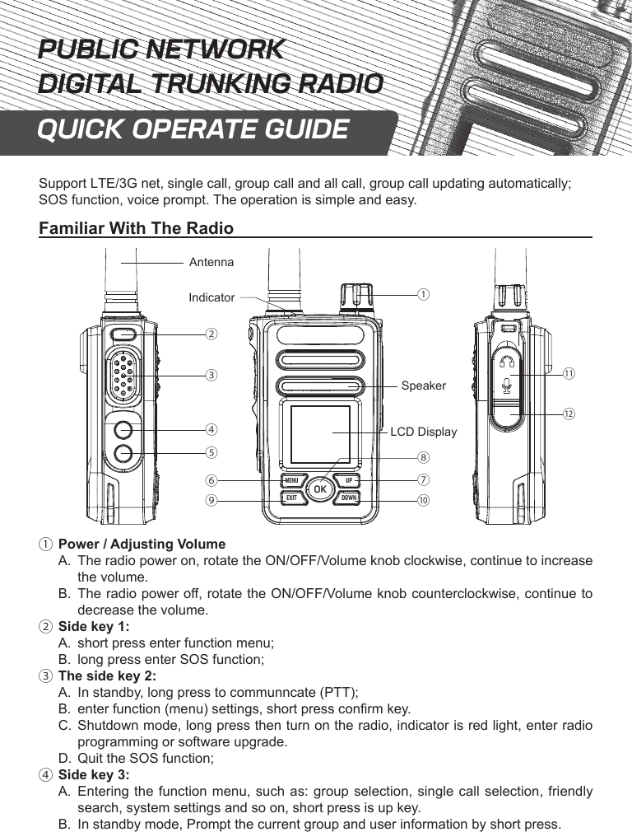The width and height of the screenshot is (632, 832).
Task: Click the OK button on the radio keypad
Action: (320, 490)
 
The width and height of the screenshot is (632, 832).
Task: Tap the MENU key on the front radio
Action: (291, 481)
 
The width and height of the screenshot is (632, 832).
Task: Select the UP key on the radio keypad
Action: (349, 481)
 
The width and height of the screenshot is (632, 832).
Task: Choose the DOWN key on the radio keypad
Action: (349, 498)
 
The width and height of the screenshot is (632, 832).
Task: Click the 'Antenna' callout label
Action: (211, 262)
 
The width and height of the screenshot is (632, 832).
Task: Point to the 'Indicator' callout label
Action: (211, 297)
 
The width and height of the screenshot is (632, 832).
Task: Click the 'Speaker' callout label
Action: (423, 386)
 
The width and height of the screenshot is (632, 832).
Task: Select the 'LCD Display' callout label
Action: (423, 432)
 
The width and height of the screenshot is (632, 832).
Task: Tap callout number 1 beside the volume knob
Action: (421, 293)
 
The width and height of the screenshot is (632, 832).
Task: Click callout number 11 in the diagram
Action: (569, 374)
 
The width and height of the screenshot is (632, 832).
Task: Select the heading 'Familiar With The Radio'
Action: (137, 228)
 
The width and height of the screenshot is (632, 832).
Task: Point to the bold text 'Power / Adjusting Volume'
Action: (142, 545)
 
